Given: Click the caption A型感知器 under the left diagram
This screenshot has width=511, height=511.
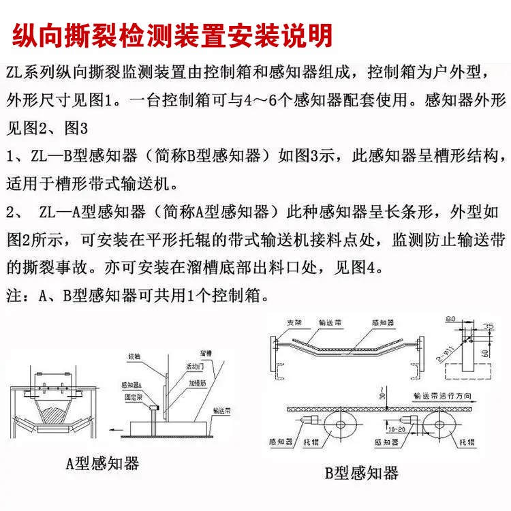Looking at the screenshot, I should pos(102,464).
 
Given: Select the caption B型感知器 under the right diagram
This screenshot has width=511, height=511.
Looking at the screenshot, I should pos(362,472).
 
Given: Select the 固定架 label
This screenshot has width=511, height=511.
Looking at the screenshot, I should pos(132,395).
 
